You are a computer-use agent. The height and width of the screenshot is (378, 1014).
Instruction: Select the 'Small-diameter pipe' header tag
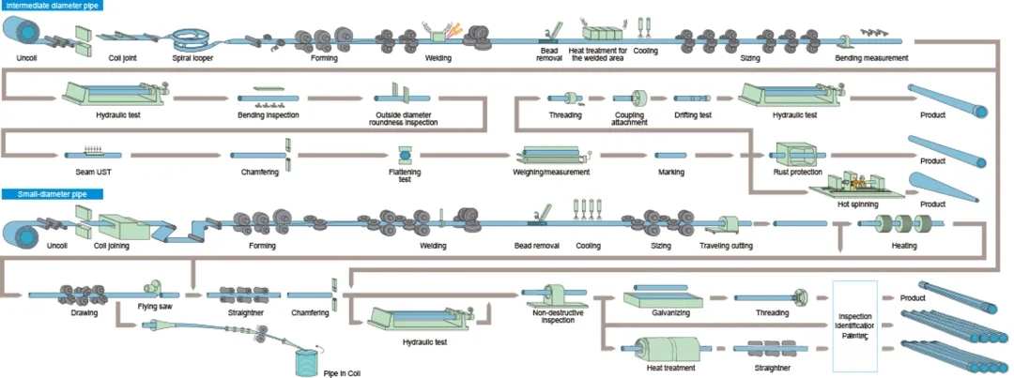47,194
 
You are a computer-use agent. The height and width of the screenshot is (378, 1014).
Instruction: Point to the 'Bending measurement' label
871,58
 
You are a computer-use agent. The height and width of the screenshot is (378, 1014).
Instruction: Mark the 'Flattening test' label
405,175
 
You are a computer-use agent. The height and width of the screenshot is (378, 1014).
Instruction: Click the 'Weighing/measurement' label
551,172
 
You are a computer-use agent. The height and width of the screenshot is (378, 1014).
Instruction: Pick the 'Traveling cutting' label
726,246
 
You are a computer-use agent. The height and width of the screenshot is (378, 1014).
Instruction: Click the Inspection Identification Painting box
854,321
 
